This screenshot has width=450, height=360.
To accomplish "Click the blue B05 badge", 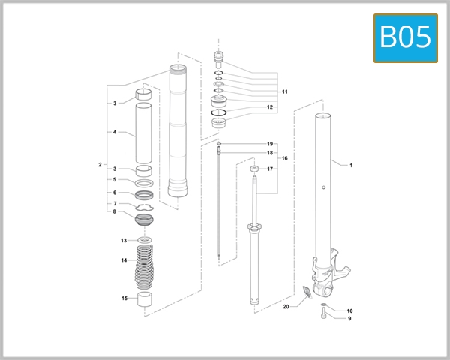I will coord(405,37).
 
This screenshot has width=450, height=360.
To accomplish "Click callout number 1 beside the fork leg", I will coord(350,164).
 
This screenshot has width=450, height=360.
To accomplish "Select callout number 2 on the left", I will coord(100,164).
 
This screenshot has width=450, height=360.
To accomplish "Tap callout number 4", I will coord(114,133).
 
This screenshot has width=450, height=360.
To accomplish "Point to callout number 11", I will coord(285,91).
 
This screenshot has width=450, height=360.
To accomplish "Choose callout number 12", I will coord(269,107).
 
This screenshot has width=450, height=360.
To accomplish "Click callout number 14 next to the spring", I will coord(124,260).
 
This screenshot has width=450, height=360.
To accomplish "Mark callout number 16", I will coord(285,159).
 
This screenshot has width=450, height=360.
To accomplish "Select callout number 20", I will coord(286,307).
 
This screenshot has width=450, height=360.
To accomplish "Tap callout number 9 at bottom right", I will coord(349,318).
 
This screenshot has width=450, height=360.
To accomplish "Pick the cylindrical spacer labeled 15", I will coord(145,301).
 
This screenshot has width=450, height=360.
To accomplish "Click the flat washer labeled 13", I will coord(145,240).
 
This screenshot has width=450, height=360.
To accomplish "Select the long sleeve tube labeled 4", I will coord(145,133).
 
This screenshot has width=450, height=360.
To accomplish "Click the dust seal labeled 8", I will coord(145,220).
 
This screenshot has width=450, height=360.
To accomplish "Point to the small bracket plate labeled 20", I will coord(304,294).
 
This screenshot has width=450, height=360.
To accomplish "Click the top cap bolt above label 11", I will coord(219,55).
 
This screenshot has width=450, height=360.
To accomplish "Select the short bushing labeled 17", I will coord(253,175).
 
